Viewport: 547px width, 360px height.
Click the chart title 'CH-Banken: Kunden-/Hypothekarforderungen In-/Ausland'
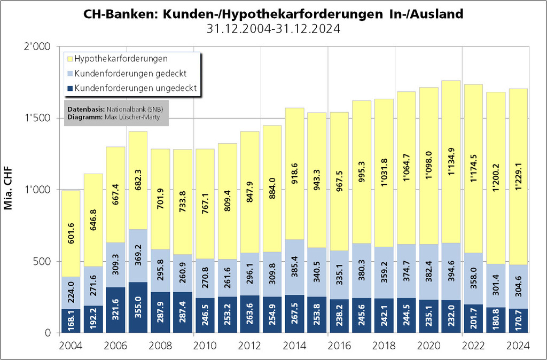(x=273, y=14)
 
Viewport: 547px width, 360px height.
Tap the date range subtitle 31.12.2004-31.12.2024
(x=273, y=29)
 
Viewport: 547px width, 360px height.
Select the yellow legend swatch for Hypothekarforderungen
(x=69, y=58)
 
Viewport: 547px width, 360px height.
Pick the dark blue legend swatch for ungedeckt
(x=69, y=88)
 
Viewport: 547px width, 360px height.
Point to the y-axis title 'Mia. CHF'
(x=9, y=190)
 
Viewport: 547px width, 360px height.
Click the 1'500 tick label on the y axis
(x=39, y=119)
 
